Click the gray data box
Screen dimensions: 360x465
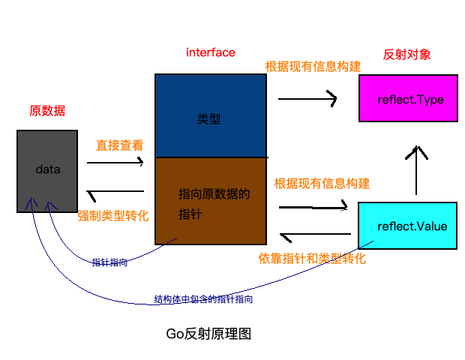47,170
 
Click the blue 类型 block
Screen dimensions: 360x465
210,117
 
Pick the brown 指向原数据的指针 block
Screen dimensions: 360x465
210,202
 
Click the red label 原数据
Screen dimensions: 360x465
47,111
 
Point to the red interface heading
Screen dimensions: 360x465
211,52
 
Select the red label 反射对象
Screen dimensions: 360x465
406,55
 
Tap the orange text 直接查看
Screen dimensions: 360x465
119,145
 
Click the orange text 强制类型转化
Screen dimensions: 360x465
113,215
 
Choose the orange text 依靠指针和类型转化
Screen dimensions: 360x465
312,259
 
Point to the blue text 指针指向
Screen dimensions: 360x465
109,262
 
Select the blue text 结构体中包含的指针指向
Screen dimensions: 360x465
203,299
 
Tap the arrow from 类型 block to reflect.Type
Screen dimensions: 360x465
307,98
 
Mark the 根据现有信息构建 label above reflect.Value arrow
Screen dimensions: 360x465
322,183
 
